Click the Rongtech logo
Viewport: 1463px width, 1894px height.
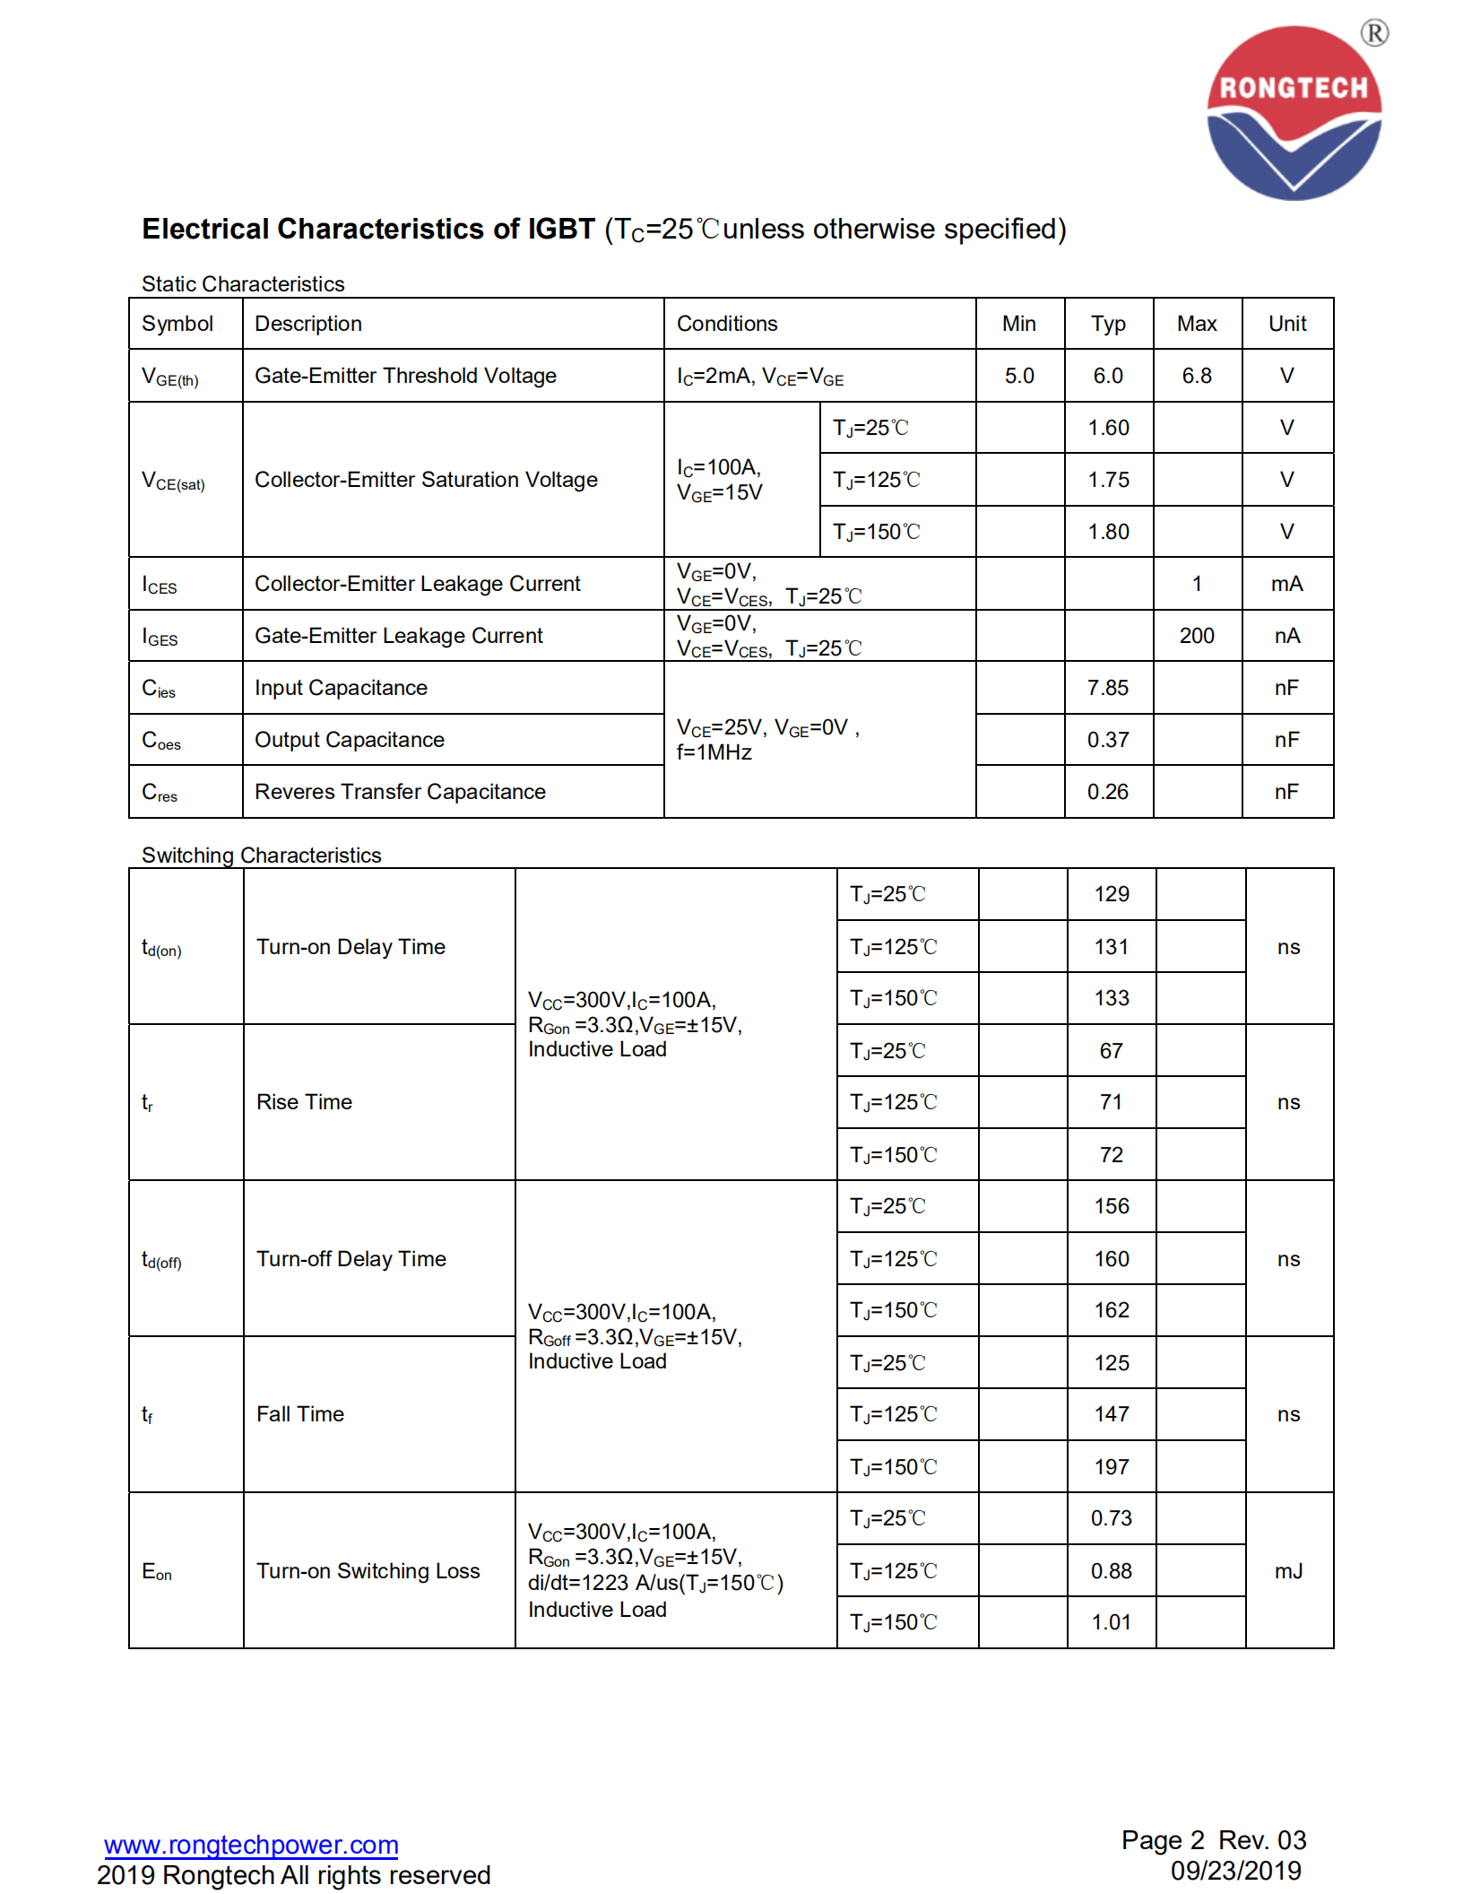click(1294, 112)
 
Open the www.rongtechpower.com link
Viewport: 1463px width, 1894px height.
click(251, 1845)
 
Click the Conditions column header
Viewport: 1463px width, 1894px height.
click(727, 324)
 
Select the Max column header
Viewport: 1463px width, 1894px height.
click(1197, 324)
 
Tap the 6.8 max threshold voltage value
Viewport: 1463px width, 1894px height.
click(1197, 376)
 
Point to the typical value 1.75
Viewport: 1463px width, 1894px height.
click(1109, 480)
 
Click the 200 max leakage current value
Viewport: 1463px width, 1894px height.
click(1197, 636)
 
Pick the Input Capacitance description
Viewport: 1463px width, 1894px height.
click(341, 688)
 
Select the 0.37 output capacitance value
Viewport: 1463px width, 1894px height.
click(1108, 740)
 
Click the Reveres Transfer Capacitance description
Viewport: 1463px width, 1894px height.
click(400, 792)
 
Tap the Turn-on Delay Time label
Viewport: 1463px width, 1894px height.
click(351, 947)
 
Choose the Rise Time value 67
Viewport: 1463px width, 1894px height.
click(1112, 1051)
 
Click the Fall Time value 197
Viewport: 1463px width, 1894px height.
click(1112, 1467)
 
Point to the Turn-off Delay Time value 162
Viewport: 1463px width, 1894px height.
click(1112, 1310)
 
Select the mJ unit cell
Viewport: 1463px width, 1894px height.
click(1289, 1571)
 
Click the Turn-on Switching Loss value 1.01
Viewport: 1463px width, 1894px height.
click(1112, 1622)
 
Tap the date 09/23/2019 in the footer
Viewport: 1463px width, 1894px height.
click(1235, 1871)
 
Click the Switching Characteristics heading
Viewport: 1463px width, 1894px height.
click(262, 856)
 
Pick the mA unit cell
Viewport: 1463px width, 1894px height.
click(1287, 584)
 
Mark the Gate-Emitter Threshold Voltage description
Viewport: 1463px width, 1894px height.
click(405, 376)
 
